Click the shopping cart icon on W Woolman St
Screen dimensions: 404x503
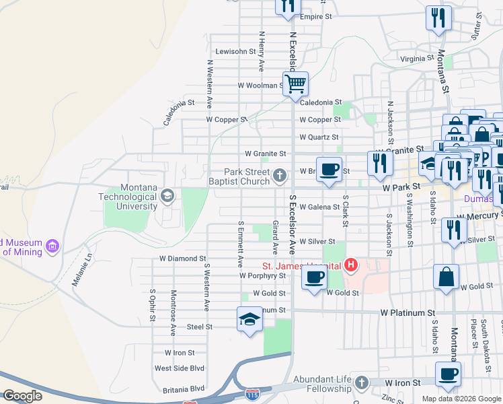[x=295, y=85]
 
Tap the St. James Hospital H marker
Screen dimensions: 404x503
[x=350, y=265]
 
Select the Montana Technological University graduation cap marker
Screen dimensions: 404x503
[x=167, y=196]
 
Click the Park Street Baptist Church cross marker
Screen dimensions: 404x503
[x=280, y=176]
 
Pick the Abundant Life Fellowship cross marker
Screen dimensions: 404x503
[x=362, y=382]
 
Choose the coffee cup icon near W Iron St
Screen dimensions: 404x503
[x=448, y=374]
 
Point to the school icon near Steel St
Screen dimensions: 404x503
[x=249, y=319]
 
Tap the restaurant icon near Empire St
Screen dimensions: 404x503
[x=286, y=6]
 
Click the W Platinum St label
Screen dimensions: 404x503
[x=408, y=313]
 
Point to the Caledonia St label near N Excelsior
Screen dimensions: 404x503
[x=316, y=102]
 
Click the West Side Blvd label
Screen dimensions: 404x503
[x=179, y=368]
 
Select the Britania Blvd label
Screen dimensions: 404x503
[x=183, y=389]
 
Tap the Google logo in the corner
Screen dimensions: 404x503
[x=22, y=396]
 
